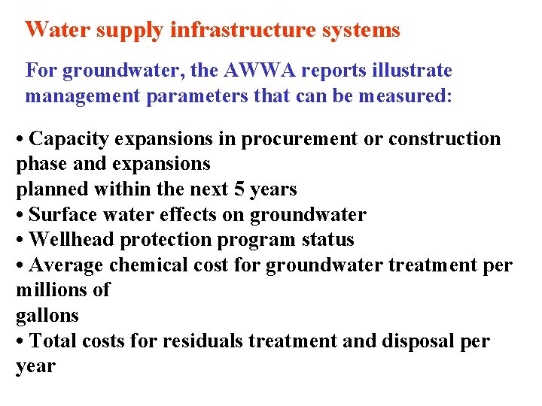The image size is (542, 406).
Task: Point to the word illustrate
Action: (414, 71)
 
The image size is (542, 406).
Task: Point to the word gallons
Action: (47, 316)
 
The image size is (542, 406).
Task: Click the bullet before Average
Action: (20, 265)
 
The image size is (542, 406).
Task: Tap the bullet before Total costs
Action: (20, 341)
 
